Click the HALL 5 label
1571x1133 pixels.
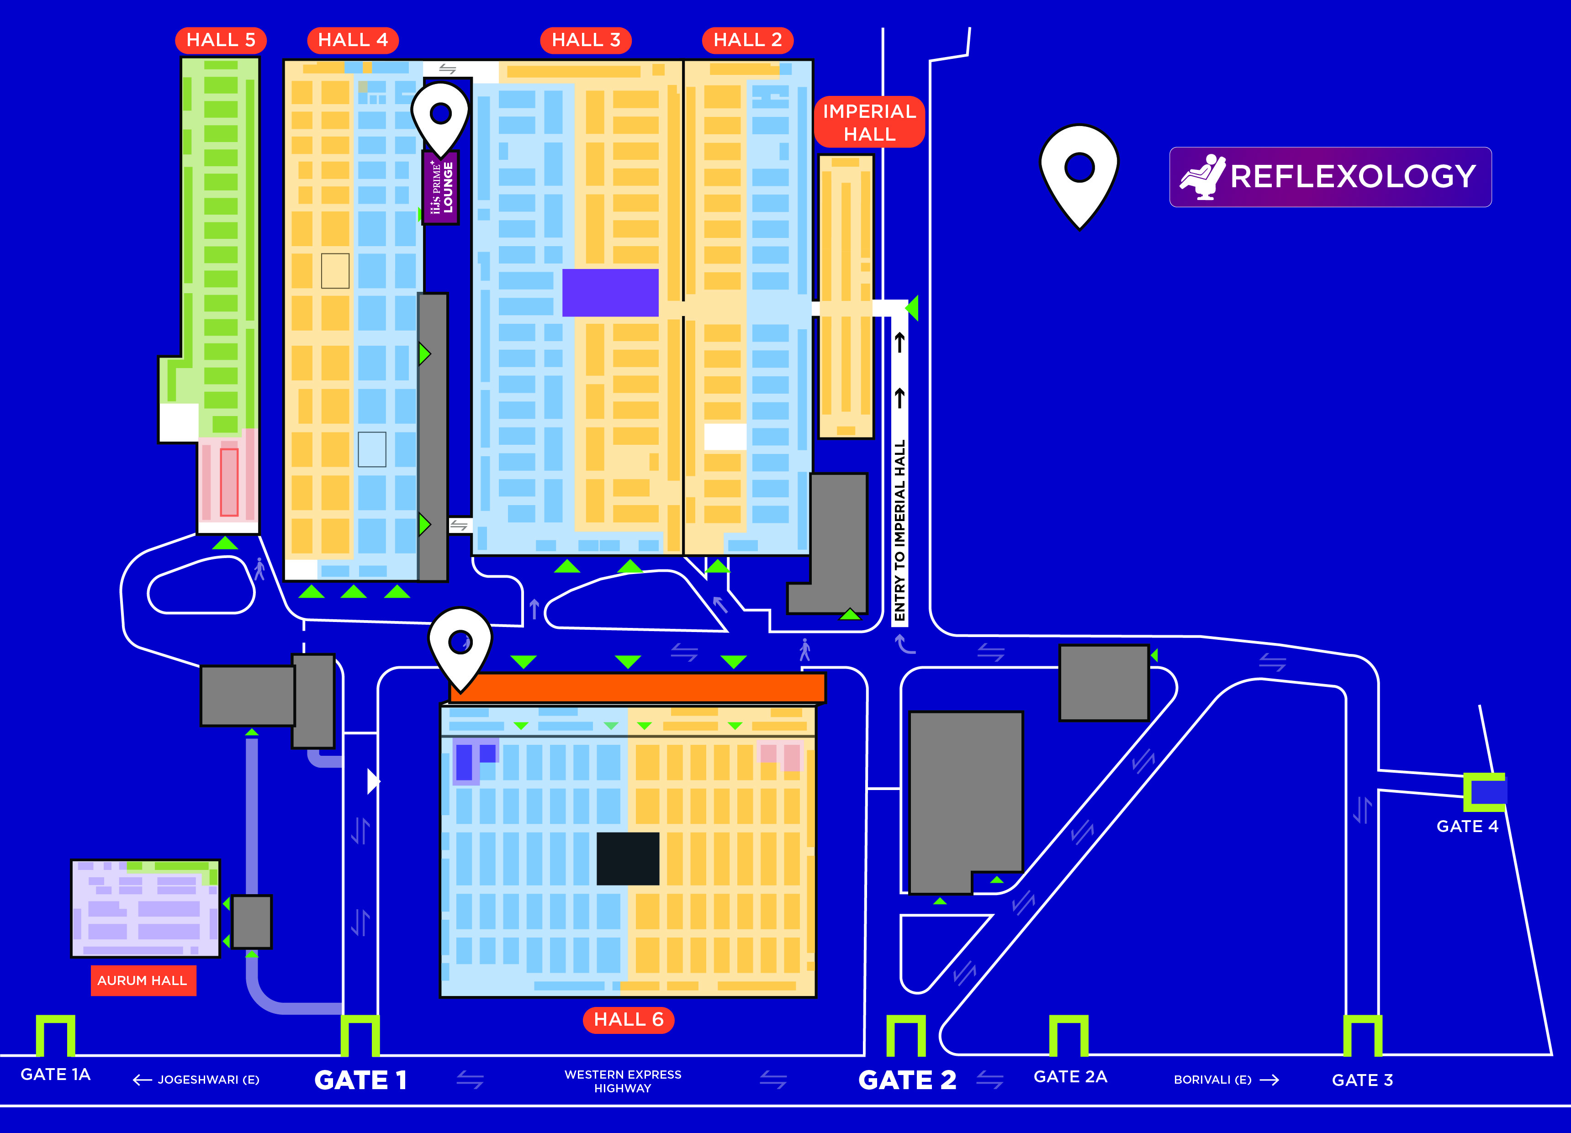[x=221, y=40]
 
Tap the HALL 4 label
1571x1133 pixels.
[x=353, y=40]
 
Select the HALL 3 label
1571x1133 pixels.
[x=586, y=40]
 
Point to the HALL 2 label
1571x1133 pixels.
[x=748, y=40]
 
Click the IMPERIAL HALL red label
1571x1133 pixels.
[x=869, y=122]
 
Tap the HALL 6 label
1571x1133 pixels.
[x=628, y=1019]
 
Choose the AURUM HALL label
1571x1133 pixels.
[x=143, y=980]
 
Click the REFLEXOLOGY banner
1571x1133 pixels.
[x=1330, y=177]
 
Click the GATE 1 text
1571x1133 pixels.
[x=361, y=1080]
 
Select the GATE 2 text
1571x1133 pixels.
[x=907, y=1080]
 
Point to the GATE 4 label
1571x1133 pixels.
[x=1467, y=826]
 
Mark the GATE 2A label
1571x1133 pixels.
[x=1070, y=1076]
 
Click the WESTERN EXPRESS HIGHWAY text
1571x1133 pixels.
[x=623, y=1081]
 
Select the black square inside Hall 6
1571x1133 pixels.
[x=628, y=859]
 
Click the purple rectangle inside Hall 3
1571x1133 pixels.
[x=610, y=293]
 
